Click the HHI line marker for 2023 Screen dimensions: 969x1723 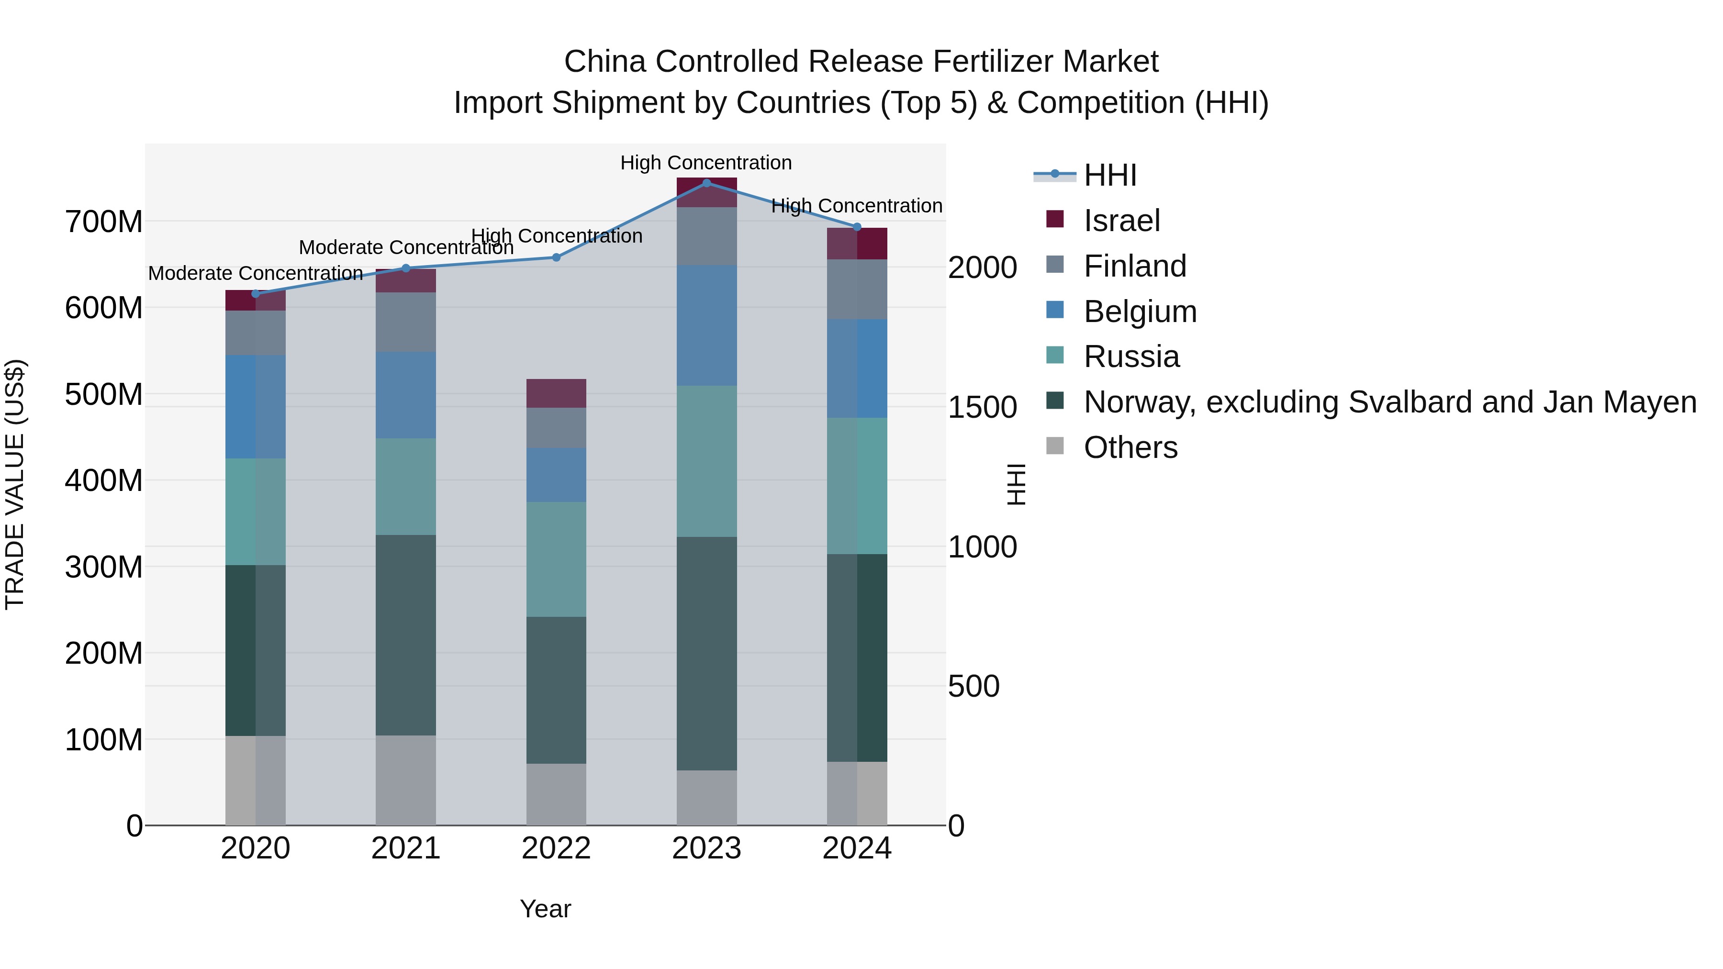[706, 183]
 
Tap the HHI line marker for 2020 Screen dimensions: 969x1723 [256, 294]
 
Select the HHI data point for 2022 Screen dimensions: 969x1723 [556, 257]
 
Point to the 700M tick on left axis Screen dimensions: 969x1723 [104, 222]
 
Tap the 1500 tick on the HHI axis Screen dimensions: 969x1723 [982, 407]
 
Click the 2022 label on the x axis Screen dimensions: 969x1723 [556, 848]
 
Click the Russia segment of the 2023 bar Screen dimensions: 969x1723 [706, 461]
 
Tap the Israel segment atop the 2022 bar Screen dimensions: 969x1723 [556, 393]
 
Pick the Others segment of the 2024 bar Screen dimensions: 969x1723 [857, 793]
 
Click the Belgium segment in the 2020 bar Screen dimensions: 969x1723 [256, 407]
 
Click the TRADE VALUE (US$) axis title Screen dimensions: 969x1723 [15, 484]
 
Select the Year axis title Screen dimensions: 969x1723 [545, 909]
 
